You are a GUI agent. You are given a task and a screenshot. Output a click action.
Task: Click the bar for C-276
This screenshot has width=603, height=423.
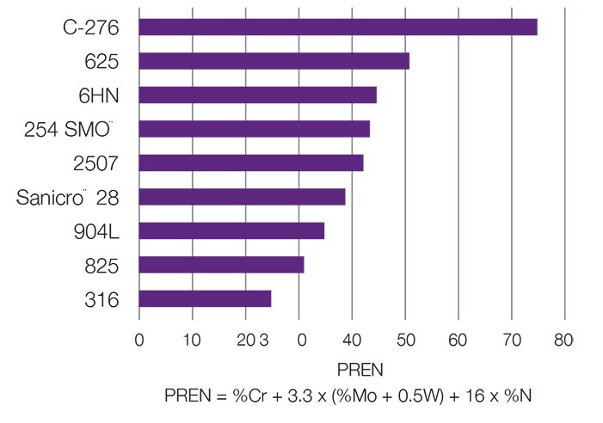point(337,27)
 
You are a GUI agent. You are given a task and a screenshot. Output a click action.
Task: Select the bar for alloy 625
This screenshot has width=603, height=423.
point(274,61)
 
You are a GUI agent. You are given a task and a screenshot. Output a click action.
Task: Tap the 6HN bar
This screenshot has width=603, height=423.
point(257,95)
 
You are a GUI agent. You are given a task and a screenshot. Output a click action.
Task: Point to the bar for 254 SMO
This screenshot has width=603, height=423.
point(254,129)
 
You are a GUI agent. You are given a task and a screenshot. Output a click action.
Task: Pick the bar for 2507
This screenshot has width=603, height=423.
point(250,162)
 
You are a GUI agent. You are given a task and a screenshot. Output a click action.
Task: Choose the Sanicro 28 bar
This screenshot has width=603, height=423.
point(242,197)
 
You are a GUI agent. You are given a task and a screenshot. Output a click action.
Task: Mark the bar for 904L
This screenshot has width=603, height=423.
point(231,230)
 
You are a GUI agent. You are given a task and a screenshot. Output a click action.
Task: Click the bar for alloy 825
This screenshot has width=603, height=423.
point(221,265)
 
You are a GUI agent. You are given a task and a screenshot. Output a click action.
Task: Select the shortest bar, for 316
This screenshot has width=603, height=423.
point(205,298)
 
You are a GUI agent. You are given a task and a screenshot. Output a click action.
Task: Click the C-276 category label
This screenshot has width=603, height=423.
point(89,28)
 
